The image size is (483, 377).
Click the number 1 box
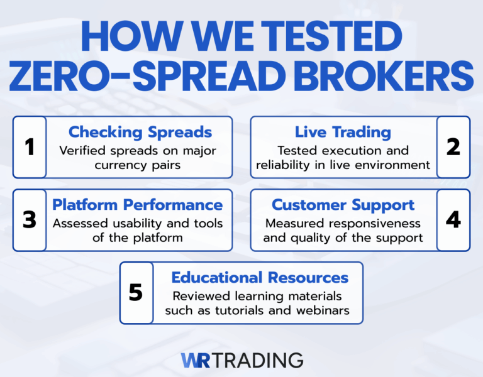coord(30,147)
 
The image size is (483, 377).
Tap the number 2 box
coord(453,147)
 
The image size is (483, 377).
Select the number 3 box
coord(30,220)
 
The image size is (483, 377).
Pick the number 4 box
coord(453,220)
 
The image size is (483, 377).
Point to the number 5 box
coord(136,293)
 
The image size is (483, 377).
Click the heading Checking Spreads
coord(140,132)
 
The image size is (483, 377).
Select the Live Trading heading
coord(343,132)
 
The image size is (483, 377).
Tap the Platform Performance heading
coord(137,205)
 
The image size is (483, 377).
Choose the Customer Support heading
coord(343,205)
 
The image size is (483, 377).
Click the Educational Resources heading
coord(259,277)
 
